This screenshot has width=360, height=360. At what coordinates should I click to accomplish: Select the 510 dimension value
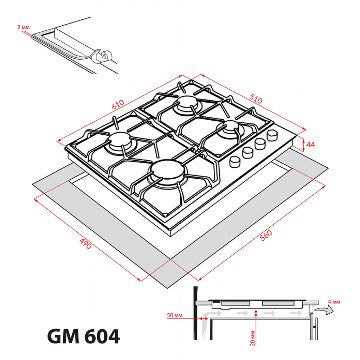tap(256, 99)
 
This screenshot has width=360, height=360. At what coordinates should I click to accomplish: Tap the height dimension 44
tap(310, 144)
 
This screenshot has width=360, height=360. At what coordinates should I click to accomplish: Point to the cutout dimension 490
tap(85, 244)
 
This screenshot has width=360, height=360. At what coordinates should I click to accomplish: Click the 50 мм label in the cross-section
tap(175, 315)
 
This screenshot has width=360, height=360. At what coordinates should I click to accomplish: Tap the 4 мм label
tap(334, 302)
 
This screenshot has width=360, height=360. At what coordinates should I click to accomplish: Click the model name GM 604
tap(83, 337)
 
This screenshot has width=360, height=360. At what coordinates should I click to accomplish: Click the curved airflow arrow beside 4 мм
tap(323, 310)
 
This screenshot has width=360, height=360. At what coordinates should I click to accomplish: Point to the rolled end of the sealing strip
tap(105, 56)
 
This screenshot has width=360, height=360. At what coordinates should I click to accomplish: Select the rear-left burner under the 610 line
tap(186, 103)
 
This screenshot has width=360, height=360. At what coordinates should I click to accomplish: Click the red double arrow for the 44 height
tap(303, 144)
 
